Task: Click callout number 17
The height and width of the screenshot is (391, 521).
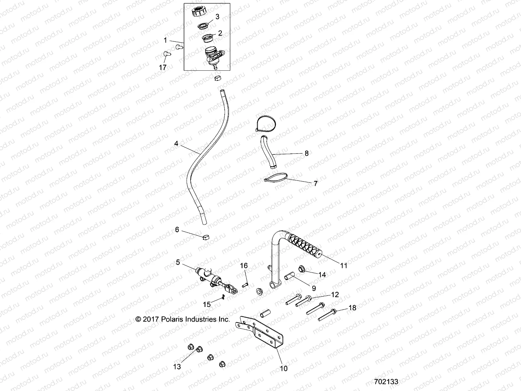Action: click(162, 67)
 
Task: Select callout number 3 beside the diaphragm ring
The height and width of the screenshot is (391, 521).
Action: click(218, 17)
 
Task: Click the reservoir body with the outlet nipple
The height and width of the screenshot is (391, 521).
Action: click(213, 55)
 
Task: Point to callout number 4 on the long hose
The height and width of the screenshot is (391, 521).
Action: click(176, 143)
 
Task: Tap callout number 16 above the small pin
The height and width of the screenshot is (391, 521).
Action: click(244, 266)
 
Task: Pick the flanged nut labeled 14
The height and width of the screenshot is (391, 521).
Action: click(302, 269)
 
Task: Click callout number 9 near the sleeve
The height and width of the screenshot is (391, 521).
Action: click(314, 288)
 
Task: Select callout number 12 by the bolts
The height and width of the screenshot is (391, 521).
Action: click(335, 295)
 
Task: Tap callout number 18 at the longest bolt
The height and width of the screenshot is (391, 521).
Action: click(352, 308)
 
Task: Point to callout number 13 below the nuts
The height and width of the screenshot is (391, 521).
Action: click(177, 367)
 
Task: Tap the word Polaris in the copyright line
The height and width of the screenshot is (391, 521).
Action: click(171, 319)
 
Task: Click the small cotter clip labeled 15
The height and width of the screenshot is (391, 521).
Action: click(222, 297)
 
